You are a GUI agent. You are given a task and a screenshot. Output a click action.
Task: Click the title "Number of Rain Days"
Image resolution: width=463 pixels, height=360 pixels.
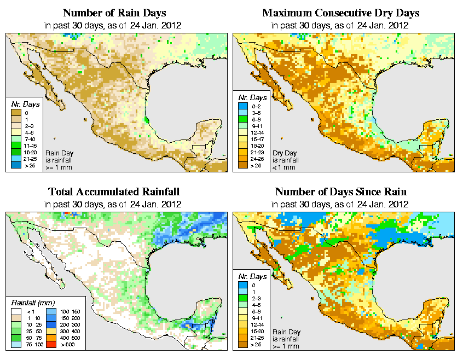pos(114,13)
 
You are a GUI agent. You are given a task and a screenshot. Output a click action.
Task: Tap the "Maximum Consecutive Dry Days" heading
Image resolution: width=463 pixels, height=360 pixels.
pos(341,13)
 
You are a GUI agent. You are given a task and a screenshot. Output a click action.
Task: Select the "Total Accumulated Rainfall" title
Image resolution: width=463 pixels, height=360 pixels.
pos(114,192)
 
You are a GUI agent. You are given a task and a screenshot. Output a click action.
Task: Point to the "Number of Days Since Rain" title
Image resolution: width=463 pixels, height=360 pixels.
pos(341,192)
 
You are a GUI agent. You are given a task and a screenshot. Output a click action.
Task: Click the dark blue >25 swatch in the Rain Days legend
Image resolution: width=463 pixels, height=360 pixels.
pos(17,165)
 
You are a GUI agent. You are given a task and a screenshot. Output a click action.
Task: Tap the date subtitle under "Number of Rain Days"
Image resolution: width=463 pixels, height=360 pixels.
pos(114,25)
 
